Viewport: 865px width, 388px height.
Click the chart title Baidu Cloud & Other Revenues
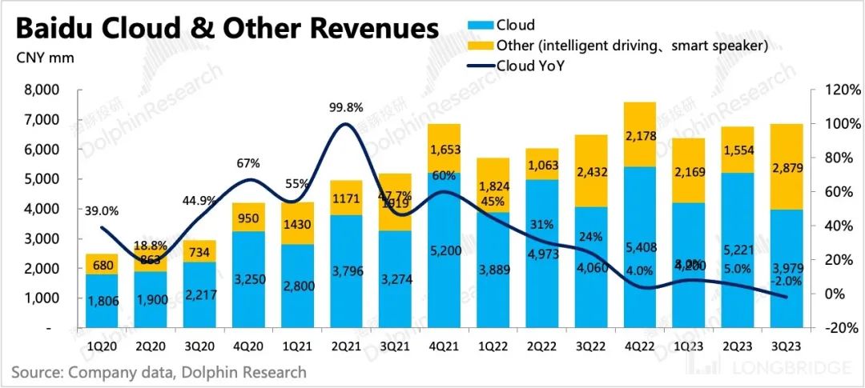(x=227, y=29)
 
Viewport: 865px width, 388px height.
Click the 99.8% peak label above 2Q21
(x=346, y=107)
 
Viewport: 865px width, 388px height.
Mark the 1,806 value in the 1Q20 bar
(x=102, y=302)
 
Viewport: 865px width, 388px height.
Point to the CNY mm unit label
(x=38, y=58)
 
